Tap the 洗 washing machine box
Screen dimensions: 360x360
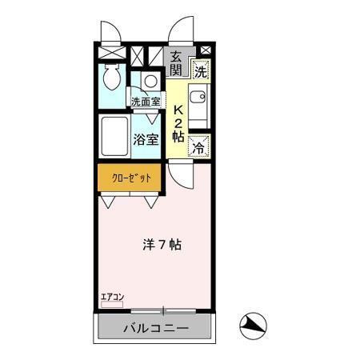pos(200,70)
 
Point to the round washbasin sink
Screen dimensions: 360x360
pos(149,81)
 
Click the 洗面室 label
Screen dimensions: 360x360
pos(146,102)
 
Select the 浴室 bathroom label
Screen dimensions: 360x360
pos(146,138)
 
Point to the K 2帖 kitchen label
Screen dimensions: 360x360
pos(178,125)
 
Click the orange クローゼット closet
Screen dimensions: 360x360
pos(128,177)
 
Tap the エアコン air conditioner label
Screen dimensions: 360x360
pos(111,298)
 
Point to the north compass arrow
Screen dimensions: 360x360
pos(253,326)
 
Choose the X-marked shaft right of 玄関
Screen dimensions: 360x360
pos(204,50)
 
